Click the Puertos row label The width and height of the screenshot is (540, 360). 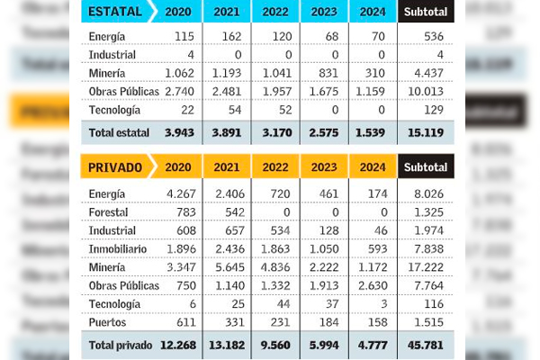(108, 320)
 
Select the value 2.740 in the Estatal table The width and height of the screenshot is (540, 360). (181, 92)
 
